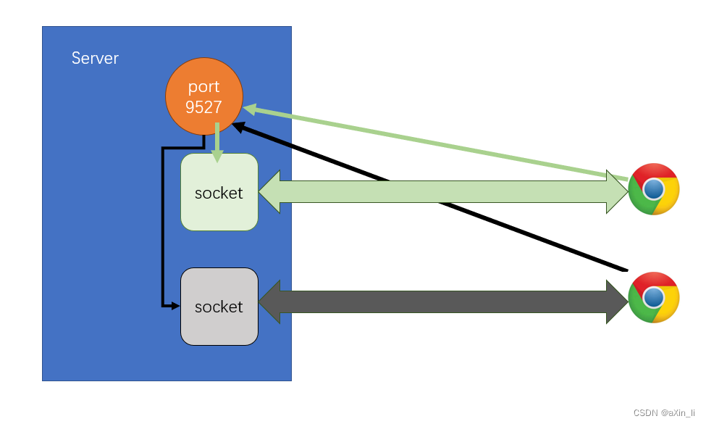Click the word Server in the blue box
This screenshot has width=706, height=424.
tap(95, 59)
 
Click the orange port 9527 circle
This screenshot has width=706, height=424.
tap(203, 97)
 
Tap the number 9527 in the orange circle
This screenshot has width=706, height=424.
tap(203, 107)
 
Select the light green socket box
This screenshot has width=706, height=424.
tap(219, 192)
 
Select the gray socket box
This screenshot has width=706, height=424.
tap(219, 307)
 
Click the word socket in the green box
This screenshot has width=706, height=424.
tap(219, 194)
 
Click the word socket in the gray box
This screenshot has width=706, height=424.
tap(219, 307)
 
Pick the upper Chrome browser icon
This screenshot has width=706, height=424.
tap(653, 189)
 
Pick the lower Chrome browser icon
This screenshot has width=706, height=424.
tap(653, 297)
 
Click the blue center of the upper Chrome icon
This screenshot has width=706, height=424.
tap(653, 190)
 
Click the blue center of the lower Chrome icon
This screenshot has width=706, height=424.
tap(653, 298)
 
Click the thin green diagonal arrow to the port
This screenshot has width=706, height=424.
tap(434, 143)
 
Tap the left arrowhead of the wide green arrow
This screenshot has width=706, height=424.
tap(269, 192)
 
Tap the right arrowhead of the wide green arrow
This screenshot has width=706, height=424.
tap(617, 192)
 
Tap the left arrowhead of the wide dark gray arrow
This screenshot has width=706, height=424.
tap(269, 302)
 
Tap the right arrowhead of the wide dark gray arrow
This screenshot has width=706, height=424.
tap(617, 302)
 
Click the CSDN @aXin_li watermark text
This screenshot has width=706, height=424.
tap(664, 412)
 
